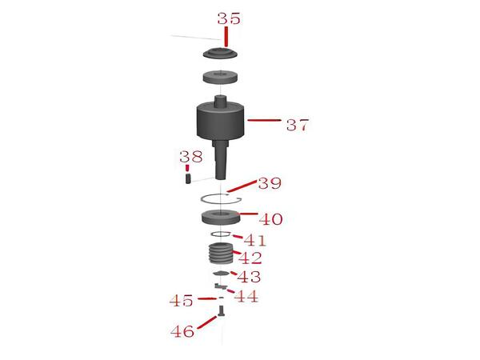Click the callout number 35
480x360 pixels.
(x=228, y=18)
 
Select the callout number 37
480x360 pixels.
(x=297, y=126)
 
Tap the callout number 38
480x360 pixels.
(x=190, y=157)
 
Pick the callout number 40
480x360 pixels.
(x=270, y=218)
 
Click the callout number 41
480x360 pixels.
(x=255, y=240)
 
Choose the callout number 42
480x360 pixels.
(x=250, y=258)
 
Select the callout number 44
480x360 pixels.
(x=246, y=297)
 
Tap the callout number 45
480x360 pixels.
(x=182, y=301)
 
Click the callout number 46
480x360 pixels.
(x=183, y=330)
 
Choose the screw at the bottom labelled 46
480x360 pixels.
(x=221, y=310)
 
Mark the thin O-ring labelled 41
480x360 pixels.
(x=221, y=234)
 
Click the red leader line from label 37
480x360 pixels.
(x=264, y=121)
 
